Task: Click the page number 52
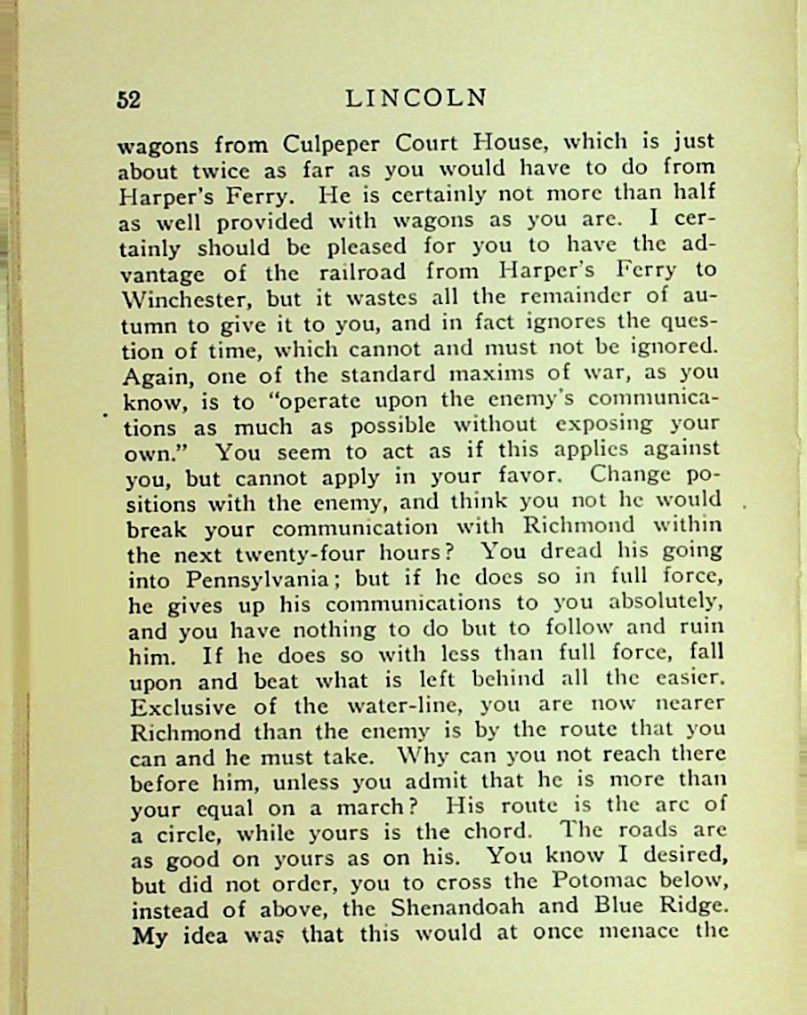129,100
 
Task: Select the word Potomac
589,883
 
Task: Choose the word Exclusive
183,708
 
